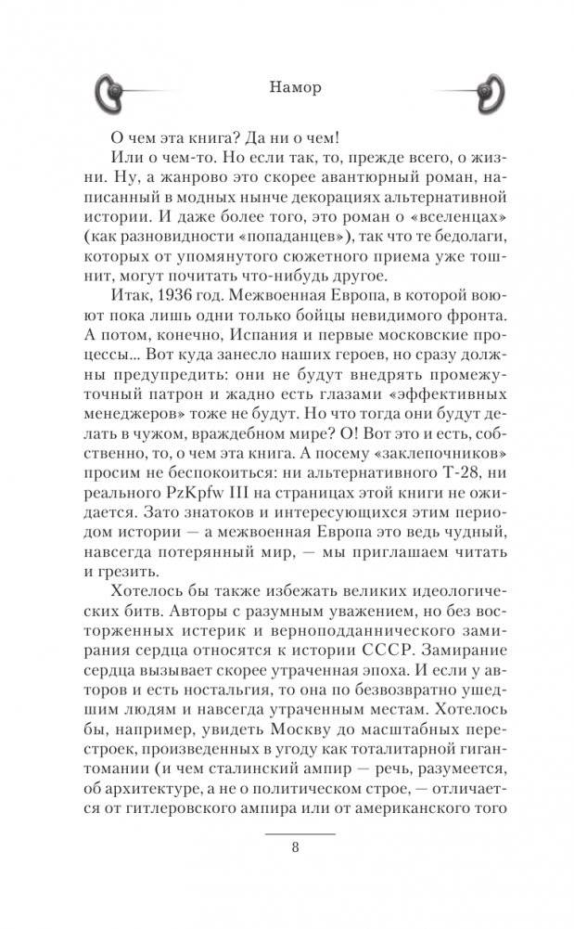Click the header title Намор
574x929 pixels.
[x=287, y=90]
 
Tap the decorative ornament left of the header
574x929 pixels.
[x=120, y=90]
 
